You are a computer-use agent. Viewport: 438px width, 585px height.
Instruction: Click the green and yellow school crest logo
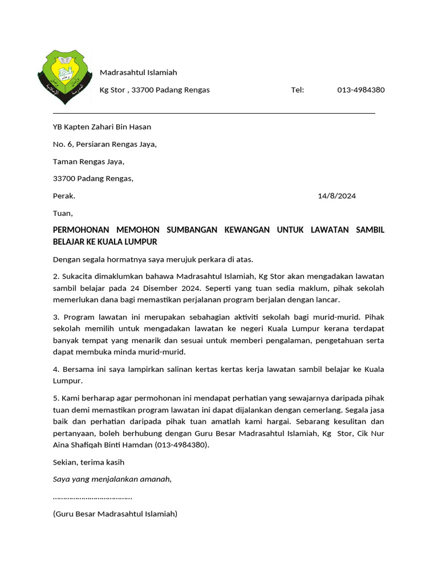[x=64, y=77]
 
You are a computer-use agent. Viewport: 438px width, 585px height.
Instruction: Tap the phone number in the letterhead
[x=360, y=90]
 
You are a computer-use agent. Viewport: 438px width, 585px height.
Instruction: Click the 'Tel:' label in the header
[x=298, y=90]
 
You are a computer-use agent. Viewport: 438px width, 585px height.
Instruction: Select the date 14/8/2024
[x=336, y=196]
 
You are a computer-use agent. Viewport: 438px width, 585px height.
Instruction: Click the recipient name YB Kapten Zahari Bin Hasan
[x=102, y=127]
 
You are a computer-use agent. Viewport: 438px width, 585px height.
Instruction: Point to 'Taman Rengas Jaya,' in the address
[x=88, y=162]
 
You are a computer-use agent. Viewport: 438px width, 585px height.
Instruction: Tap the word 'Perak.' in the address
[x=64, y=196]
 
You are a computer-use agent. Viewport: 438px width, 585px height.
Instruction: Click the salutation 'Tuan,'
[x=63, y=214]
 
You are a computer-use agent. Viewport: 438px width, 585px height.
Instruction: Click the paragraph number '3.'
[x=56, y=316]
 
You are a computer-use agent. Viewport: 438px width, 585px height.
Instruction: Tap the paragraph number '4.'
[x=56, y=369]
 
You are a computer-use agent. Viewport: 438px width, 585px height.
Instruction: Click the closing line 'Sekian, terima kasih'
[x=88, y=462]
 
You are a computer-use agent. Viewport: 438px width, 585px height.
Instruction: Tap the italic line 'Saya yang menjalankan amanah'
[x=112, y=479]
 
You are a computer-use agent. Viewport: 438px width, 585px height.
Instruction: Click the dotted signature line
[x=92, y=496]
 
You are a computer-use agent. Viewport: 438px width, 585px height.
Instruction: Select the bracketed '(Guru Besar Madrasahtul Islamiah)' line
[x=115, y=514]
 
